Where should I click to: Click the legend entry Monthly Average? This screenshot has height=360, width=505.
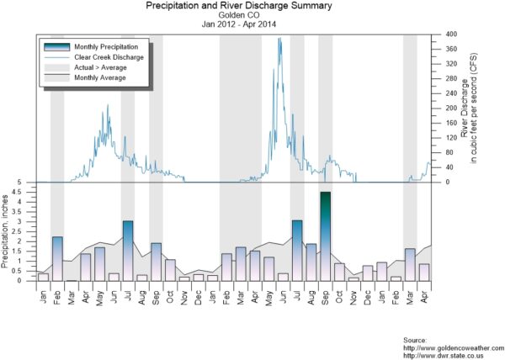pyautogui.click(x=100, y=77)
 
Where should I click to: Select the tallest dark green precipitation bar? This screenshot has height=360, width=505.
pyautogui.click(x=325, y=236)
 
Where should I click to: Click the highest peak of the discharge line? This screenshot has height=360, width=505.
pyautogui.click(x=279, y=39)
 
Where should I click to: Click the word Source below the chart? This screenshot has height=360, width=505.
pyautogui.click(x=418, y=339)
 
